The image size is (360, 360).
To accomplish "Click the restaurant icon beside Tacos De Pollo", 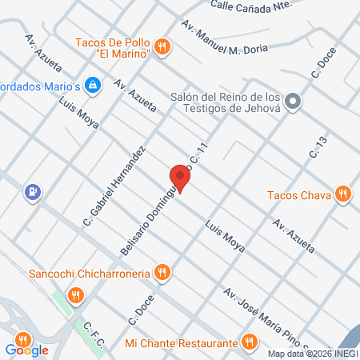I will pyautogui.click(x=163, y=46).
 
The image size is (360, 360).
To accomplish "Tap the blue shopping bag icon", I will pyautogui.click(x=94, y=84).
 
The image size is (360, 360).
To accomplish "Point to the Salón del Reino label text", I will pyautogui.click(x=227, y=102).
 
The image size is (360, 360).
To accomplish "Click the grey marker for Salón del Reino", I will pyautogui.click(x=294, y=101).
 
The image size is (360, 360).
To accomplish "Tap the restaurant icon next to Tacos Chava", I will pyautogui.click(x=343, y=193).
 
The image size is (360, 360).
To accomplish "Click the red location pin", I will pyautogui.click(x=180, y=178).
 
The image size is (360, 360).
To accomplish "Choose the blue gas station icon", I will pyautogui.click(x=32, y=192).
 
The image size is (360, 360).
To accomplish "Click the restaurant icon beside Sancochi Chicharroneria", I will pyautogui.click(x=162, y=273).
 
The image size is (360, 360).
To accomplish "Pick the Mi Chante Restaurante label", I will pyautogui.click(x=182, y=343).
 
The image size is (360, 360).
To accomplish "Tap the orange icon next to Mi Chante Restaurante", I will pyautogui.click(x=250, y=342).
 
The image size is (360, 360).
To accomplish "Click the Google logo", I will pyautogui.click(x=27, y=350).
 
